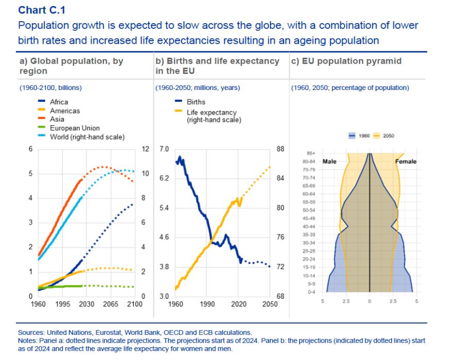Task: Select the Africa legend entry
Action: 59,102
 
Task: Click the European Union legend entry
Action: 75,128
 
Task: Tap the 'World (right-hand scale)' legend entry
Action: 87,137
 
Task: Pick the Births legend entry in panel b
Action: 196,102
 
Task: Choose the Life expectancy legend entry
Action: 211,112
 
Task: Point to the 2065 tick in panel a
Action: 111,304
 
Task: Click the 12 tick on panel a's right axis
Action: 145,149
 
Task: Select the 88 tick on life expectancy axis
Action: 281,149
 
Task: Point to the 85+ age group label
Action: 310,153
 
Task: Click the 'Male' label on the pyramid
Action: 329,161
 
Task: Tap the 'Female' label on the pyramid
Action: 406,161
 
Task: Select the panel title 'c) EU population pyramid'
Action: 346,61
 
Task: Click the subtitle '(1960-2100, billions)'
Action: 51,88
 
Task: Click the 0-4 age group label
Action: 311,292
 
